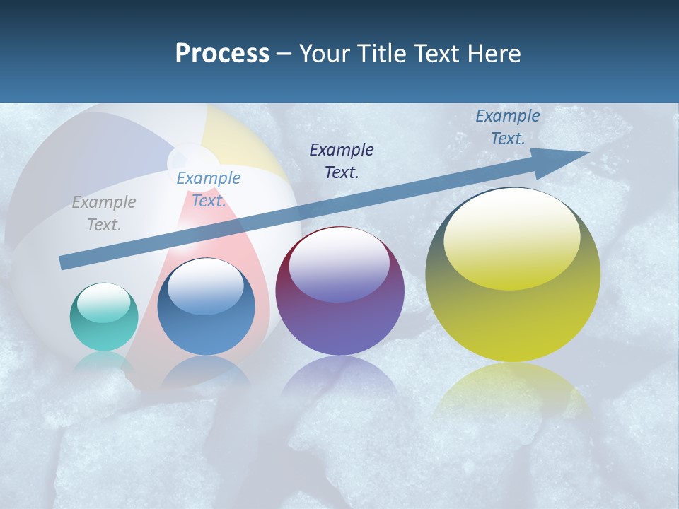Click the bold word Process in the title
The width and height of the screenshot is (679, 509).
pos(222,54)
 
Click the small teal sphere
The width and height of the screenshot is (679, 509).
pos(104,317)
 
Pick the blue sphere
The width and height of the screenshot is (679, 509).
pos(206,307)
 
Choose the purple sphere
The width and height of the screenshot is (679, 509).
pos(339,291)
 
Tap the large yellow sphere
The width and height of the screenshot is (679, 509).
pos(513,275)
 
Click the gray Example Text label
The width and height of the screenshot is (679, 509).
pos(104,213)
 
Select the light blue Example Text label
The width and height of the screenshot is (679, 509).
pos(209,189)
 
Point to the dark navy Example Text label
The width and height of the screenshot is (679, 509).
pos(342,160)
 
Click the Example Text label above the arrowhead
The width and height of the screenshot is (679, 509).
pos(508,127)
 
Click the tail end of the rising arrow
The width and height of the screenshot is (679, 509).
pos(62,263)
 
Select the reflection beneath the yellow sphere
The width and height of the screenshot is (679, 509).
pos(513,389)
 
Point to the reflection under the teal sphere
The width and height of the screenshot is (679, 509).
pos(103,363)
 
